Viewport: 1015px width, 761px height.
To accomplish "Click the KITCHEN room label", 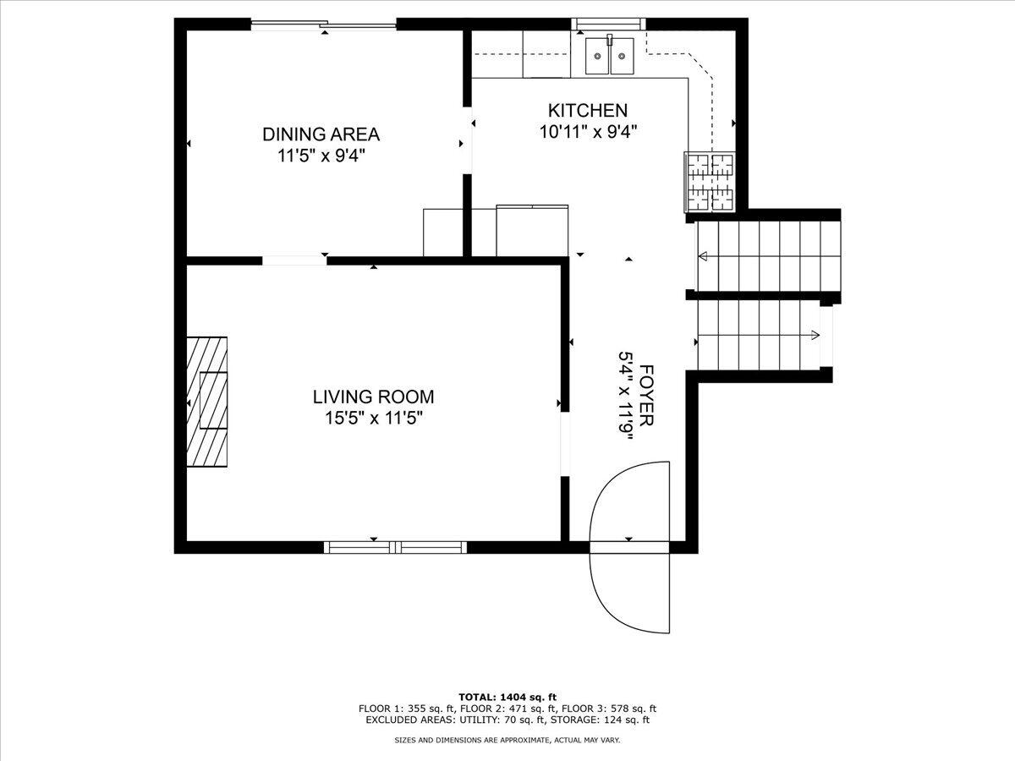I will point(587,111).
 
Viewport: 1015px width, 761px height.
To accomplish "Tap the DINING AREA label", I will point(321,134).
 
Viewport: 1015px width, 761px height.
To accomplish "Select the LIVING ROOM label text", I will point(373,397).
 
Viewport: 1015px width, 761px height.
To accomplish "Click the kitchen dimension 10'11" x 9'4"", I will point(587,132).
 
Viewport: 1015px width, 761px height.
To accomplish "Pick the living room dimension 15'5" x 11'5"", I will point(373,418).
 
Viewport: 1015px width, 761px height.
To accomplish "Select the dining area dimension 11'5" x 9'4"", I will point(321,156).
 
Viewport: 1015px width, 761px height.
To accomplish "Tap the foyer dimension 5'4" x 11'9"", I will point(626,392).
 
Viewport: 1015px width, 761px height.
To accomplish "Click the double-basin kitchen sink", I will point(610,56).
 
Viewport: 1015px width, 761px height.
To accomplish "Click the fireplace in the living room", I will point(207,401).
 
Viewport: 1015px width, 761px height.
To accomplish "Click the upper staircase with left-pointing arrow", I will point(765,255).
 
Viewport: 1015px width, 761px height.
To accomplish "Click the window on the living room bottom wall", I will point(395,547).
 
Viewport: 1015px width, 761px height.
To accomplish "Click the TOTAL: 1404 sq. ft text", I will point(507,696).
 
